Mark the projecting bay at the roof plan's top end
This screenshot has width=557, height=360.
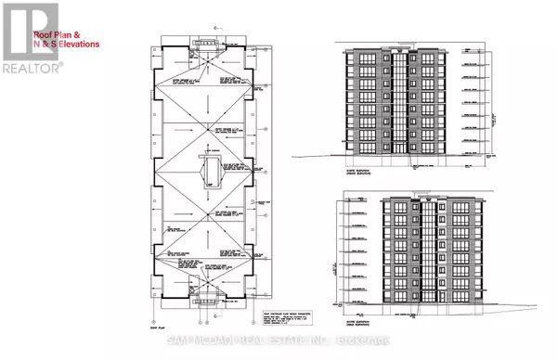(208, 42)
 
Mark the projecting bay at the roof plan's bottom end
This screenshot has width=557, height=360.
(208, 298)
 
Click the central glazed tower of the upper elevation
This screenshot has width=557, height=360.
(399, 93)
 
